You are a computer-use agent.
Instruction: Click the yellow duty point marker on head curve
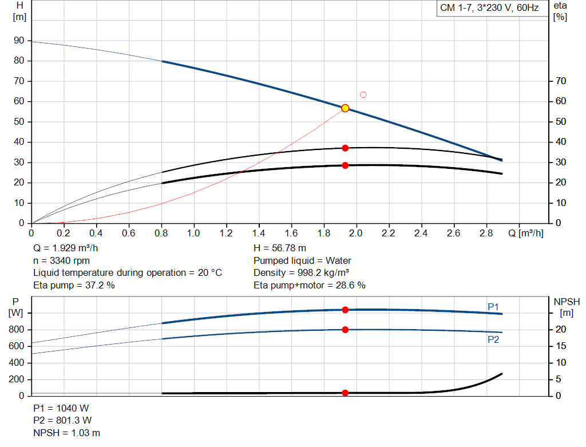(345, 108)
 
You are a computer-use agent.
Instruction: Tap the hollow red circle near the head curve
(363, 94)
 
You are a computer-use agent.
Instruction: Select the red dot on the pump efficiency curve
(345, 148)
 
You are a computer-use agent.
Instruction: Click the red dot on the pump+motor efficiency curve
(345, 165)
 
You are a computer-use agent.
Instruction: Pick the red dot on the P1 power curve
(345, 310)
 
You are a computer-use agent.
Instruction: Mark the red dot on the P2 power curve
(345, 330)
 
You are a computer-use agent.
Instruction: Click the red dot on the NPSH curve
(345, 393)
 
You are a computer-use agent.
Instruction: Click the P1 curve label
(493, 307)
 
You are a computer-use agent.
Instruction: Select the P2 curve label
(493, 339)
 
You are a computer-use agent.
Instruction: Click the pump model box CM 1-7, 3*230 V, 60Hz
(489, 8)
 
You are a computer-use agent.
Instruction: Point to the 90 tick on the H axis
(19, 41)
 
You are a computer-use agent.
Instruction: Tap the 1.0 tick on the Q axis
(194, 233)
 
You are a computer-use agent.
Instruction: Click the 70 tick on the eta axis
(561, 81)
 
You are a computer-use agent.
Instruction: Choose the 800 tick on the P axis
(17, 330)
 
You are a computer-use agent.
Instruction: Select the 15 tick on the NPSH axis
(561, 346)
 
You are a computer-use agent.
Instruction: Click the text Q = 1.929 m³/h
(69, 248)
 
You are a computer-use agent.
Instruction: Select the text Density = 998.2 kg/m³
(302, 273)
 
